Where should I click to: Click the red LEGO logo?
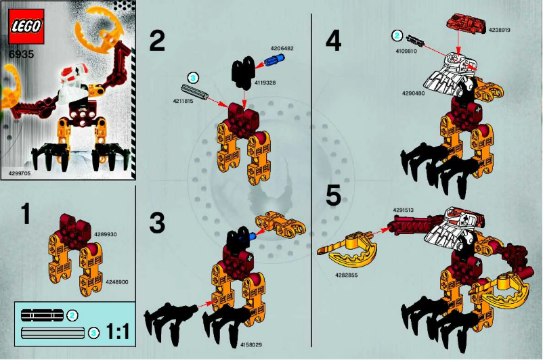(26, 26)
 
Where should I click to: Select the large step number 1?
(26, 215)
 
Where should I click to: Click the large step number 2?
(156, 41)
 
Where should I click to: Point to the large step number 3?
(156, 223)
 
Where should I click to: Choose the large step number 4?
(333, 41)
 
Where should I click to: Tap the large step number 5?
(333, 196)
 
